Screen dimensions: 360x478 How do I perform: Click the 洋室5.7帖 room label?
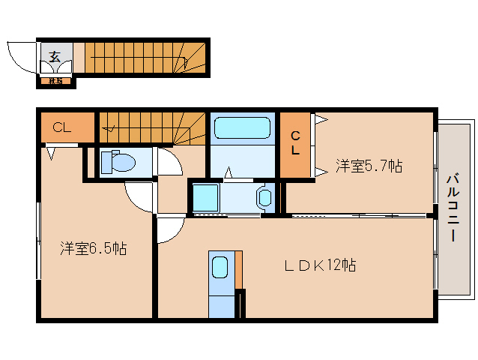(368, 166)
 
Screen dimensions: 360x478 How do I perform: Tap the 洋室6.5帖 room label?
(93, 248)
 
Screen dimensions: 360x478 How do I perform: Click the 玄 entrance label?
(55, 56)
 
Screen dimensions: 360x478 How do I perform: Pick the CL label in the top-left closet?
(61, 127)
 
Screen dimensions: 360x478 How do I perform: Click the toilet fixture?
(117, 160)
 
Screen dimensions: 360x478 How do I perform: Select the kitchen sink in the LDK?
(220, 268)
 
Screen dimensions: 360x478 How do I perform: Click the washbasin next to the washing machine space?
(264, 198)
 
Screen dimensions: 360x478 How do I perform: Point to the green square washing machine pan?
(204, 197)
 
